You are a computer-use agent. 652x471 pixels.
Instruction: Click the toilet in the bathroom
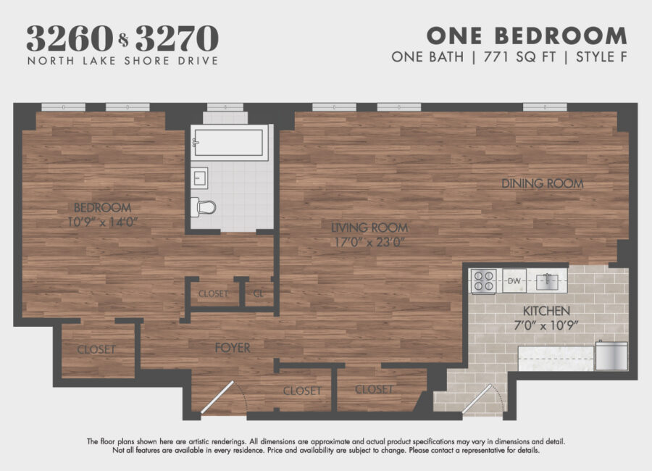(x=204, y=207)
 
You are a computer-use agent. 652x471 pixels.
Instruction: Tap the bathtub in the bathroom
(x=229, y=142)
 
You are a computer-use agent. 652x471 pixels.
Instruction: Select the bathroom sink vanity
(x=200, y=178)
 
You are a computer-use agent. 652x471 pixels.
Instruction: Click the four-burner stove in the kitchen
(x=484, y=281)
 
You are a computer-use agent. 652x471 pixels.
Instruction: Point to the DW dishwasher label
(x=514, y=281)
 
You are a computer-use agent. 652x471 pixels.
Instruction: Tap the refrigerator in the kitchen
(x=611, y=355)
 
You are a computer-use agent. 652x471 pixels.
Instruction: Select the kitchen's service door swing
(x=482, y=399)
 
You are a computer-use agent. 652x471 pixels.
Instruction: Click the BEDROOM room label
(x=102, y=207)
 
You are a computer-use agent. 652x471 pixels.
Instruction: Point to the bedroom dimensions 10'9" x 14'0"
(x=102, y=222)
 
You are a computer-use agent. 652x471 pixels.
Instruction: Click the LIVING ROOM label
(x=369, y=228)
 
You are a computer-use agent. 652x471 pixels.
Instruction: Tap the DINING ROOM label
(x=543, y=183)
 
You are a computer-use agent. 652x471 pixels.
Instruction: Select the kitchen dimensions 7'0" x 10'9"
(x=546, y=325)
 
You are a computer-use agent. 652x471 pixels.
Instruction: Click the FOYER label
(x=233, y=348)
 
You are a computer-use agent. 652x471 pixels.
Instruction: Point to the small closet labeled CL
(x=259, y=293)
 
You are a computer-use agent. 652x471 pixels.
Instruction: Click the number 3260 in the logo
(x=70, y=38)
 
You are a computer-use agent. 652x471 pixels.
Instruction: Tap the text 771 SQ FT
(x=519, y=57)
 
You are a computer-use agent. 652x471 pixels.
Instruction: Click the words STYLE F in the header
(x=601, y=57)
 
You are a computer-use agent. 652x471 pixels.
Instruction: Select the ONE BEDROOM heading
(x=527, y=36)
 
